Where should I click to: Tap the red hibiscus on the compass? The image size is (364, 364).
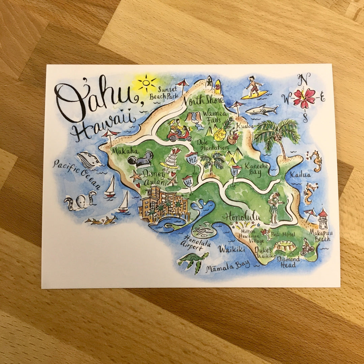[304, 98]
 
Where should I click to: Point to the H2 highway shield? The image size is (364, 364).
[192, 159]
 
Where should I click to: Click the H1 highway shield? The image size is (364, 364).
[188, 182]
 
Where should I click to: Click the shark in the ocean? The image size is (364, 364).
[262, 110]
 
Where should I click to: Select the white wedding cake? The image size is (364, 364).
[171, 158]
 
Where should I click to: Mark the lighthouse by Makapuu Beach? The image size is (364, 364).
[323, 219]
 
